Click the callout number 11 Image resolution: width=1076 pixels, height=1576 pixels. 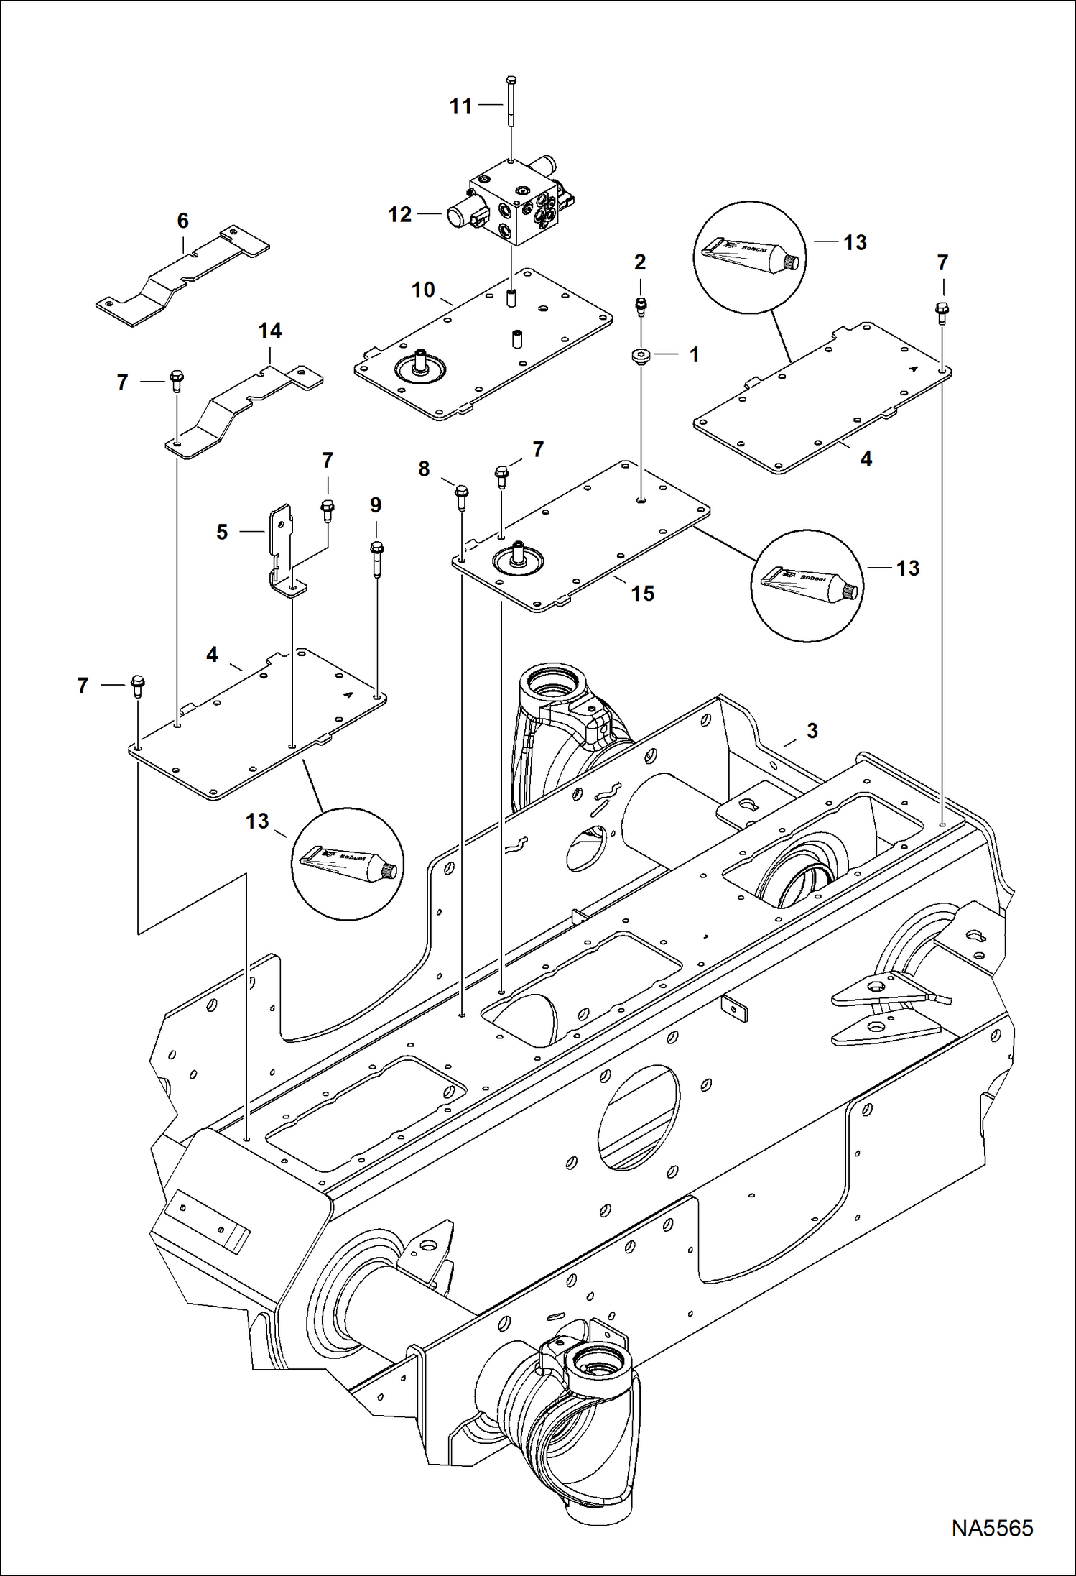tap(460, 106)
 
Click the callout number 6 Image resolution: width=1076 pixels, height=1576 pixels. tap(182, 221)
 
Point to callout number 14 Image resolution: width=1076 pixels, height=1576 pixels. tap(270, 331)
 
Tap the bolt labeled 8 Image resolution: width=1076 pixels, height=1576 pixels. tap(460, 497)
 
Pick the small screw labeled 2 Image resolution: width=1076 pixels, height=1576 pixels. tap(641, 306)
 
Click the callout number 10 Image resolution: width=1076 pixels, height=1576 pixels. tap(423, 290)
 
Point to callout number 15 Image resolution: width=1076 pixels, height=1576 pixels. tap(642, 594)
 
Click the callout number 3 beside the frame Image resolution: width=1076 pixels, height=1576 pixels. tap(812, 731)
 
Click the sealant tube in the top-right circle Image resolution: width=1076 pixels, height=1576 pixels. tap(749, 257)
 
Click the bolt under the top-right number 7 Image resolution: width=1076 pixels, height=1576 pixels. tap(942, 313)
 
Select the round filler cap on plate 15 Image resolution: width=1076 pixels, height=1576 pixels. tap(517, 558)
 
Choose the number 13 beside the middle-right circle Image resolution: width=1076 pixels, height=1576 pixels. tap(908, 568)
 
